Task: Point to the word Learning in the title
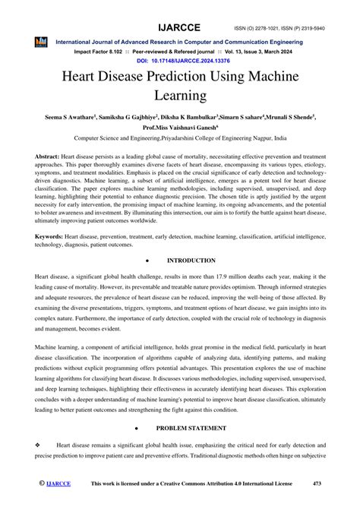(179, 96)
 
